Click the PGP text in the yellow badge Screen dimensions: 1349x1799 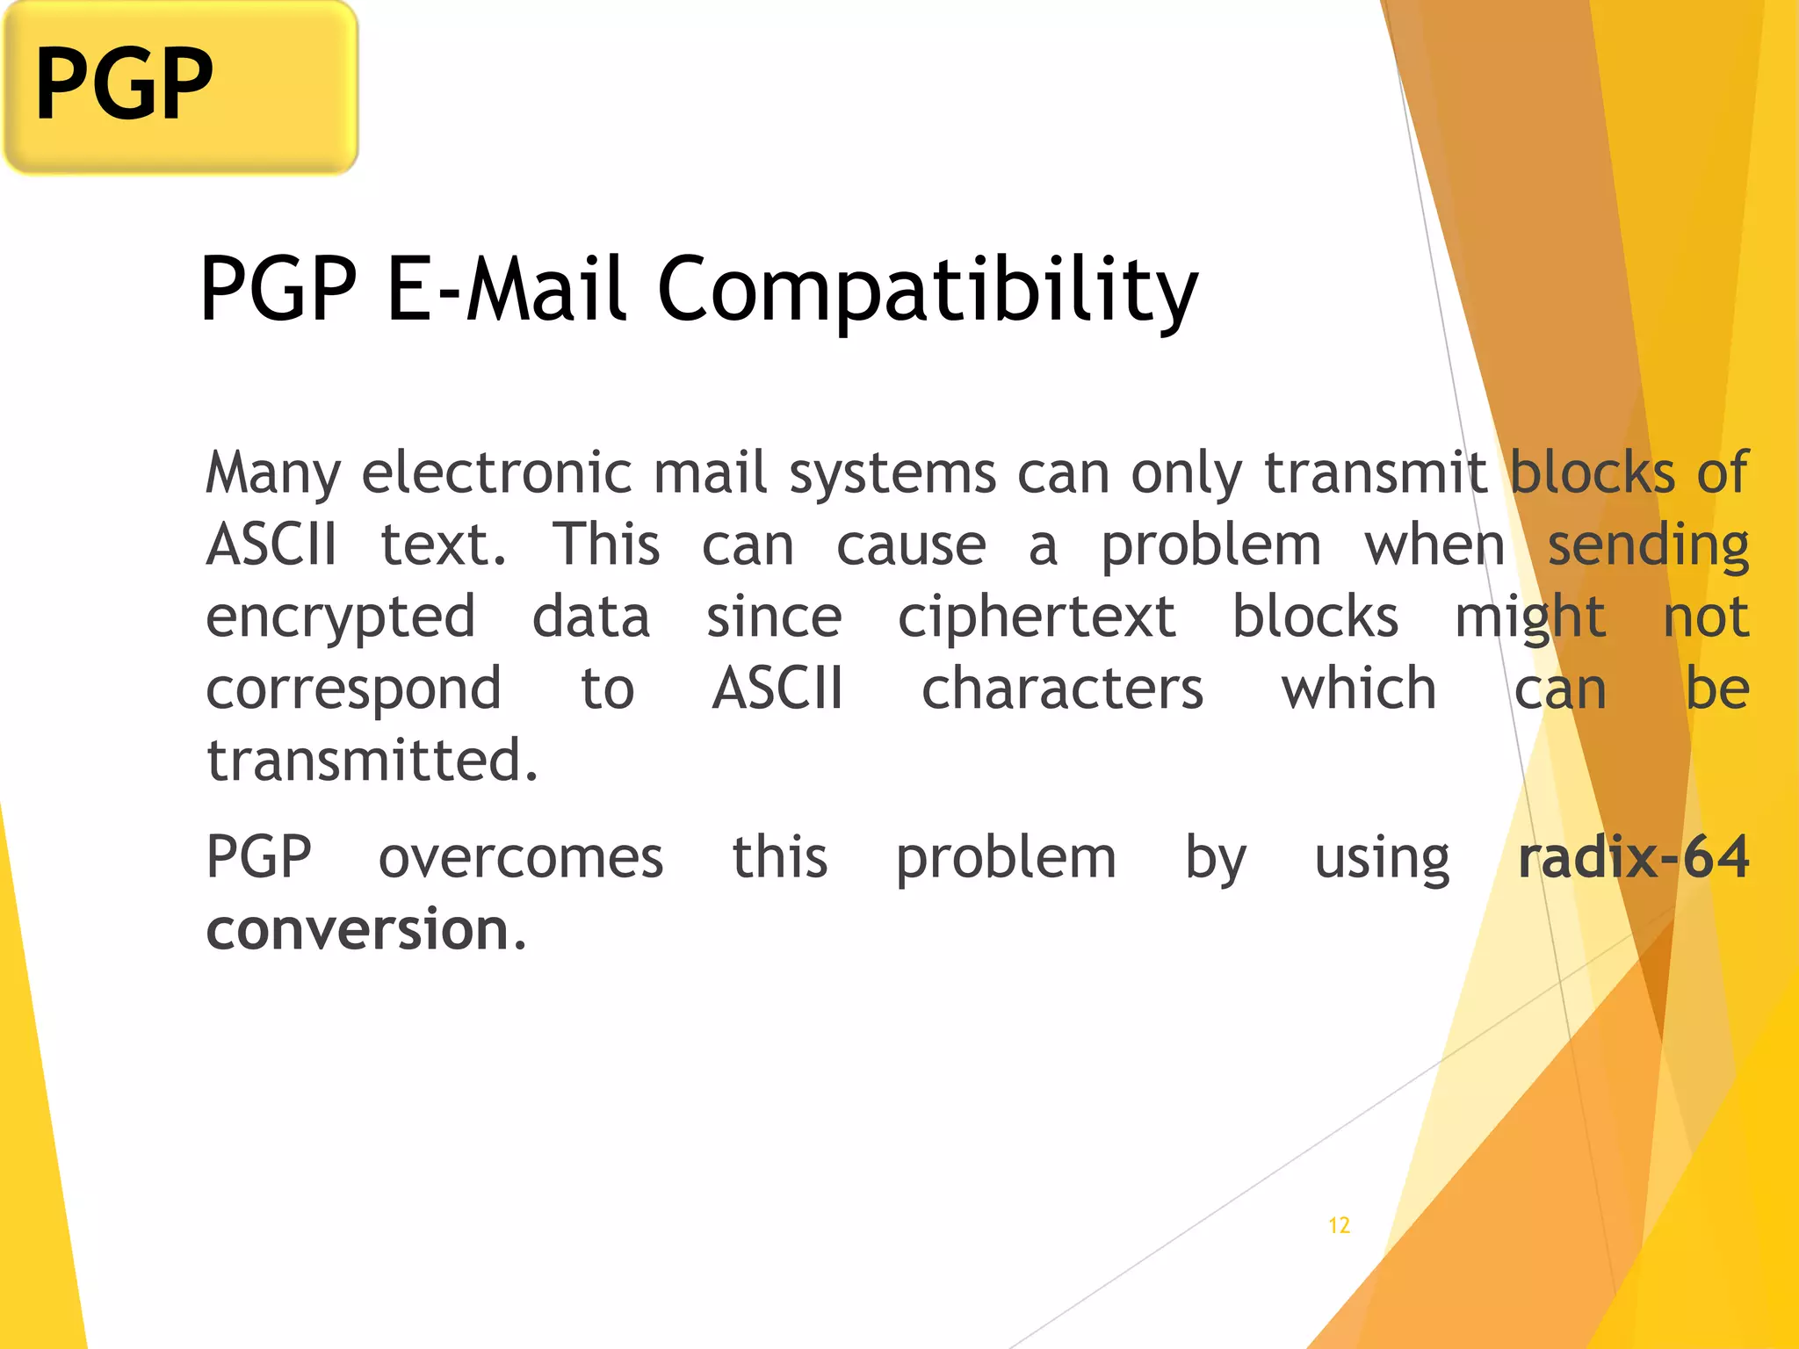coord(124,84)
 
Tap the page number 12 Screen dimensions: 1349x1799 coord(1339,1225)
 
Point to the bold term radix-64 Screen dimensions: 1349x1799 coord(1634,857)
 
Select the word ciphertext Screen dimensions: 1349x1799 coord(1037,617)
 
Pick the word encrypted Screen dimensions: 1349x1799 coord(341,618)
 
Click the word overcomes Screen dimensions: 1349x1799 coord(521,858)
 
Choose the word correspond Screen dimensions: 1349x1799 coord(353,690)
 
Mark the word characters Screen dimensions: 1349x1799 coord(1062,689)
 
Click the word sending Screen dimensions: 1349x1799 coord(1648,547)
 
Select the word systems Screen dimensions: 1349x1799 coord(892,475)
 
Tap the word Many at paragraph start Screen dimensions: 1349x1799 coord(272,475)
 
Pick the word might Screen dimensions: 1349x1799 coord(1530,618)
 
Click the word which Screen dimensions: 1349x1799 coord(1359,689)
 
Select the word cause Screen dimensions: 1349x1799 coord(911,545)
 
